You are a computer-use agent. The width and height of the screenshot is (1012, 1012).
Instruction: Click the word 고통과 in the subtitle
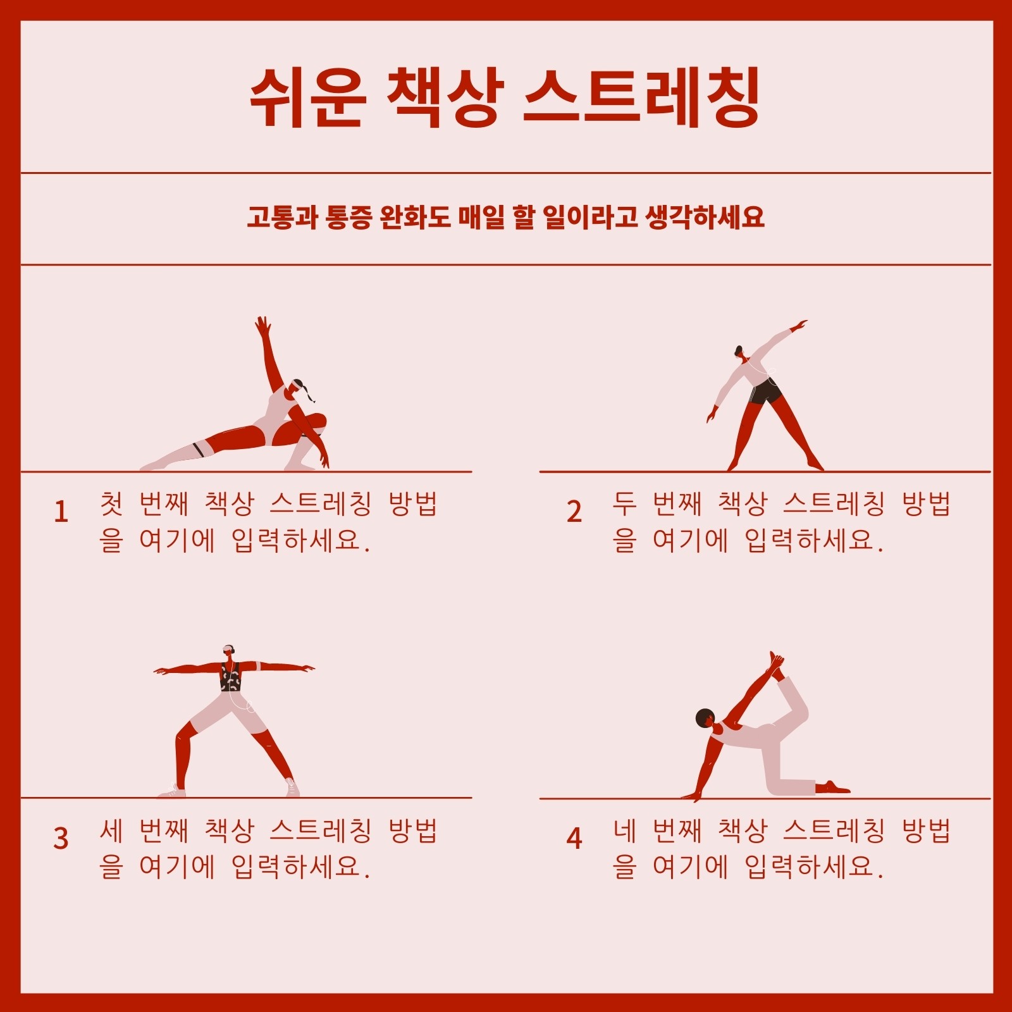coord(282,218)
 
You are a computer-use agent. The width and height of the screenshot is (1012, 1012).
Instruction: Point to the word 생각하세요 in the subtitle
coord(705,218)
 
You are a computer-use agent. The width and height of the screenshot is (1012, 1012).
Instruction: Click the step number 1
coord(61,512)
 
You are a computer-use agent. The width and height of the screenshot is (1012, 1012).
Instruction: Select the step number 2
coord(574,512)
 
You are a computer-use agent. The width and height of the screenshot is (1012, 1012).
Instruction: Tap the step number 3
coord(61,838)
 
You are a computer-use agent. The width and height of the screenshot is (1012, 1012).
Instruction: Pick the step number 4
coord(574,838)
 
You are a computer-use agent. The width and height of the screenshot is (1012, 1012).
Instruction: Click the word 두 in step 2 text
coord(624,503)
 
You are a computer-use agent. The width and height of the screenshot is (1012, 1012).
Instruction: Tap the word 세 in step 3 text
coord(111,830)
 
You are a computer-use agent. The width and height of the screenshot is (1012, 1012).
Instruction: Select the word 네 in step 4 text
coord(624,830)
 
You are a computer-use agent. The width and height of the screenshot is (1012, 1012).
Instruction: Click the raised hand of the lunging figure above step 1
coord(262,326)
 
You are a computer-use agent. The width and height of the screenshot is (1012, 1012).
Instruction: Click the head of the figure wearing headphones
coord(228,651)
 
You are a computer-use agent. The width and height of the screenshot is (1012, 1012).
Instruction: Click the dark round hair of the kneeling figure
coord(704,718)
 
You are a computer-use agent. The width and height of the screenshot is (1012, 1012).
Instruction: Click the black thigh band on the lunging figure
coord(198,450)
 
